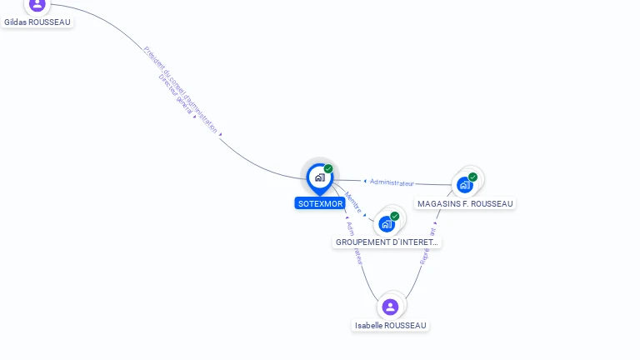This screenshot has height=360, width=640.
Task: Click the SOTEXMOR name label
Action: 320,203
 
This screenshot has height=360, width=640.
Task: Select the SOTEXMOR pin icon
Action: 319,177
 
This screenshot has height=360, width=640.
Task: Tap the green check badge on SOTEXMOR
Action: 328,168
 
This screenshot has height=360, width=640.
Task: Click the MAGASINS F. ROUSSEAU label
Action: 465,203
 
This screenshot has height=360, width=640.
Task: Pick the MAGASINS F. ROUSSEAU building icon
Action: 464,185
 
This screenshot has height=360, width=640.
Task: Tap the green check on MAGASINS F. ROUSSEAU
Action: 472,177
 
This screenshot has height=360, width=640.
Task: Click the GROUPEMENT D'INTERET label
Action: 387,242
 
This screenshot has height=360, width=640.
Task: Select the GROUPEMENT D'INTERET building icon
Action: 386,223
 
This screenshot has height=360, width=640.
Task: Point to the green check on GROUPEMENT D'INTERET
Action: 394,216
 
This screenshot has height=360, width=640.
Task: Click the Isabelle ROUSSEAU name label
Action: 390,325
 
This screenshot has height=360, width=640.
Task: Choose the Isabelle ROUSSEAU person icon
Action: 390,307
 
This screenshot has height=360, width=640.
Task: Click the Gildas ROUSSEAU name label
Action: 37,22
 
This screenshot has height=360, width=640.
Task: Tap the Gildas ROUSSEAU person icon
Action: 37,4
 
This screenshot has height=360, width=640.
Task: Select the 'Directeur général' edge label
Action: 177,99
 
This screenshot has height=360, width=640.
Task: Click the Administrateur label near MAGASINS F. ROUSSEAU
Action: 392,182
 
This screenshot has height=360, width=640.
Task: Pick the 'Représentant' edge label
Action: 427,247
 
